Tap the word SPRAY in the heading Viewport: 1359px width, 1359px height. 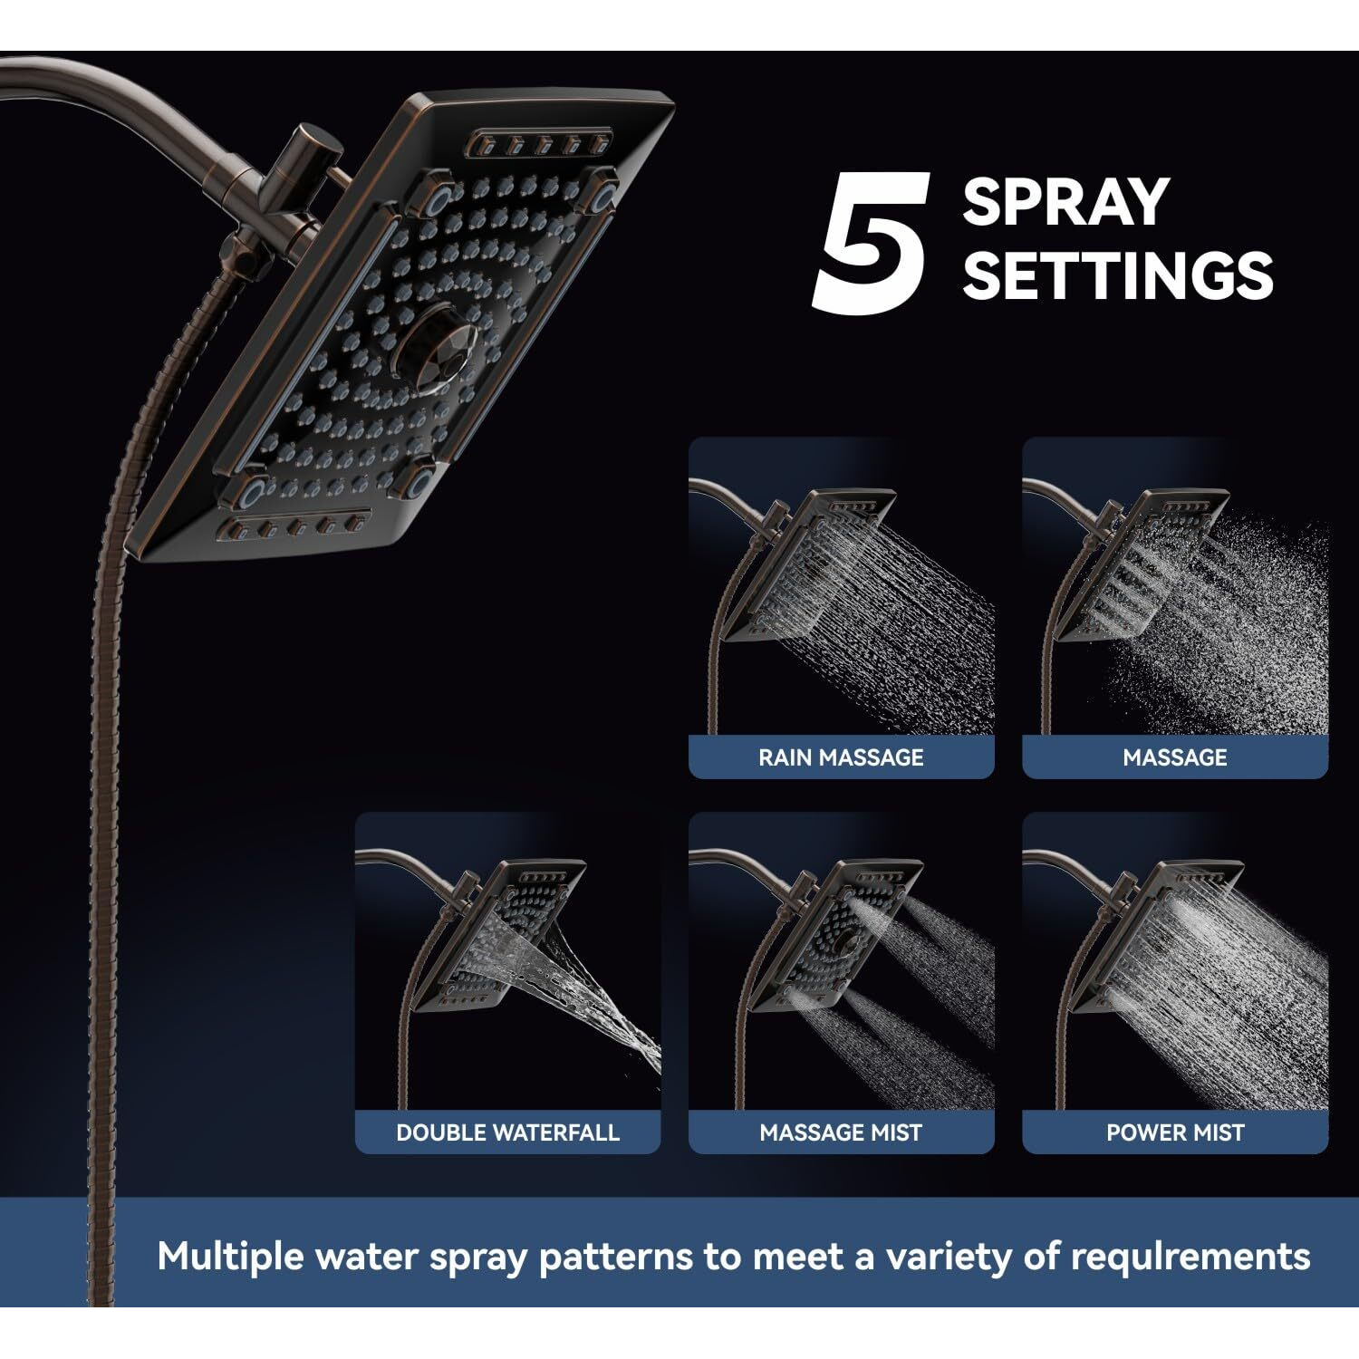point(1065,202)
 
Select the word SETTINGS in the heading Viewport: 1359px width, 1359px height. point(1117,275)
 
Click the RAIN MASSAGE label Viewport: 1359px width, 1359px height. point(841,757)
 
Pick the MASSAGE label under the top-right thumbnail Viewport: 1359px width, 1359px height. point(1174,757)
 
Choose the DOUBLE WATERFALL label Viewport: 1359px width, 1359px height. point(507,1132)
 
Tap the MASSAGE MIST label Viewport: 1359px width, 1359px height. point(841,1132)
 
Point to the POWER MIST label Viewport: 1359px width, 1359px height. point(1174,1132)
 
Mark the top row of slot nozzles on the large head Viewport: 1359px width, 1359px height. point(540,145)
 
